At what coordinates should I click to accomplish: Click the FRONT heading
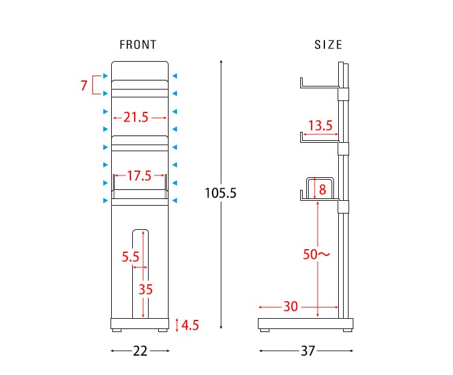138,45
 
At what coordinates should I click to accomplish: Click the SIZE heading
329,45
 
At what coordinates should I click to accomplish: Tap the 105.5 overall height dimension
220,193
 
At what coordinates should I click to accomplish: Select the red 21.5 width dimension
136,117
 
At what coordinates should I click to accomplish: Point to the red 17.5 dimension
140,175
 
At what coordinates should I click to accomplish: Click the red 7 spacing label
84,85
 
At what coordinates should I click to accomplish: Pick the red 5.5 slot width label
130,256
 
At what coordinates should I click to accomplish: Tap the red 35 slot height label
146,289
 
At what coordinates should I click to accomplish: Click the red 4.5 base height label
190,325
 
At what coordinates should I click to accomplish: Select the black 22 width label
140,351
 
